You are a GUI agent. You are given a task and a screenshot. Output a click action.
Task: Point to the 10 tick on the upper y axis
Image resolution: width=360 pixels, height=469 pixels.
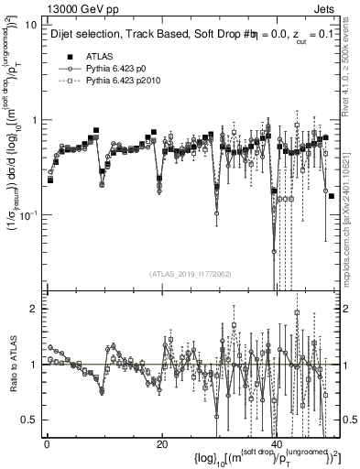[x=31, y=25]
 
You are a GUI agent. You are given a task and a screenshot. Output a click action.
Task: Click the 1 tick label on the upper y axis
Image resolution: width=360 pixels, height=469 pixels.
[x=34, y=120]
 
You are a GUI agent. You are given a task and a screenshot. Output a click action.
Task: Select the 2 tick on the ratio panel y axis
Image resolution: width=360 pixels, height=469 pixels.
[x=34, y=309]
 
